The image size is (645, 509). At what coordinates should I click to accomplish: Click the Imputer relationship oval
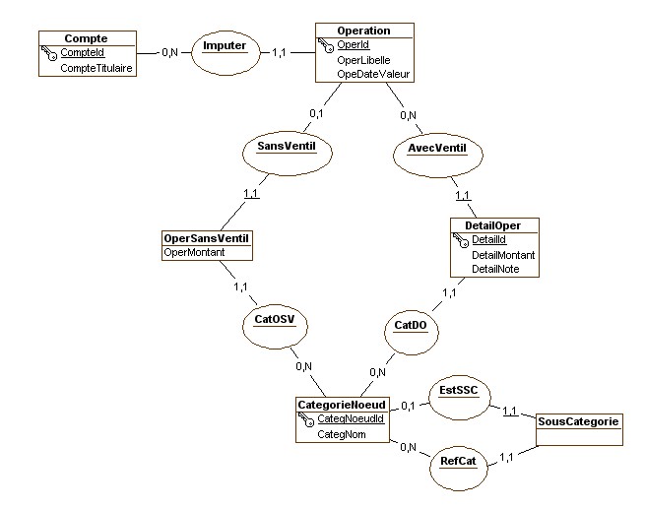[x=224, y=47]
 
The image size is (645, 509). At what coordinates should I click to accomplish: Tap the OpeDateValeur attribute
[x=374, y=74]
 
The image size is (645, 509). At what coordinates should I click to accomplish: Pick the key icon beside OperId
[x=325, y=45]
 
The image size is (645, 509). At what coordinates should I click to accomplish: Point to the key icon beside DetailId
[x=461, y=240]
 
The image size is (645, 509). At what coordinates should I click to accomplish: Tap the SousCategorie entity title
[x=579, y=420]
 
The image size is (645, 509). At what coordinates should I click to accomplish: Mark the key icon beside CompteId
[x=48, y=53]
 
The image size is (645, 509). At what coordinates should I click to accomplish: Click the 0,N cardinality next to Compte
[x=169, y=52]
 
